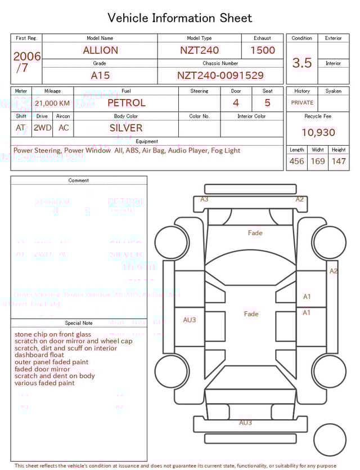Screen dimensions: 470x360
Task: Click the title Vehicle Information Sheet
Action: tap(180, 18)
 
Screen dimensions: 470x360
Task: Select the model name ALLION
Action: tap(100, 50)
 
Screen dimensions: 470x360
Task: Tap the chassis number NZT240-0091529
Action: tap(220, 75)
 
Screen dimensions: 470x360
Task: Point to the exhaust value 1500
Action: tap(263, 50)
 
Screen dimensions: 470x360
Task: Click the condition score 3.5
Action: tap(302, 63)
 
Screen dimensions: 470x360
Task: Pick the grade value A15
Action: tap(100, 75)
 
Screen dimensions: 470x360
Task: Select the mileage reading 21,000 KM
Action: tap(52, 103)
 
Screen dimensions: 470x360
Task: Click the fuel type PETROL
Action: tap(126, 103)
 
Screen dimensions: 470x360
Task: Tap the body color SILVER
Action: tap(126, 128)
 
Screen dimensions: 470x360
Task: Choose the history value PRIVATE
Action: tap(302, 103)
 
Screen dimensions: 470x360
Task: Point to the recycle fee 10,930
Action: tap(318, 133)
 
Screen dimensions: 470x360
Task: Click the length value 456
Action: tap(296, 161)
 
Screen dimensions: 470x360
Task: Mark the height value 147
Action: tap(339, 161)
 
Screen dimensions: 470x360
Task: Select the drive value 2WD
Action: tap(42, 128)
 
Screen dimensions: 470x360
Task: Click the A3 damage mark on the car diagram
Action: tap(204, 199)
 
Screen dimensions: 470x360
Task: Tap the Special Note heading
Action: tap(79, 323)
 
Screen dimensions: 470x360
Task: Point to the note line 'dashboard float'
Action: tap(39, 355)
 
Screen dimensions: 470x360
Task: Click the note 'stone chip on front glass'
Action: tap(53, 334)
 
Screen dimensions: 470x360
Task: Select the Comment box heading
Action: tap(79, 181)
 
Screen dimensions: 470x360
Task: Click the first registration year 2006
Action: tap(26, 56)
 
